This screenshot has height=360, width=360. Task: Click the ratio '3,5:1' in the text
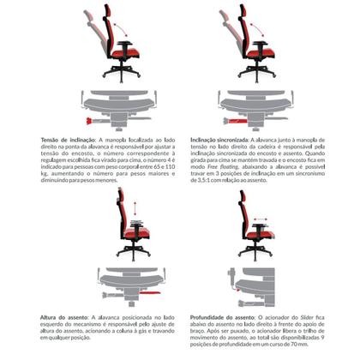[x=206, y=182]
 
